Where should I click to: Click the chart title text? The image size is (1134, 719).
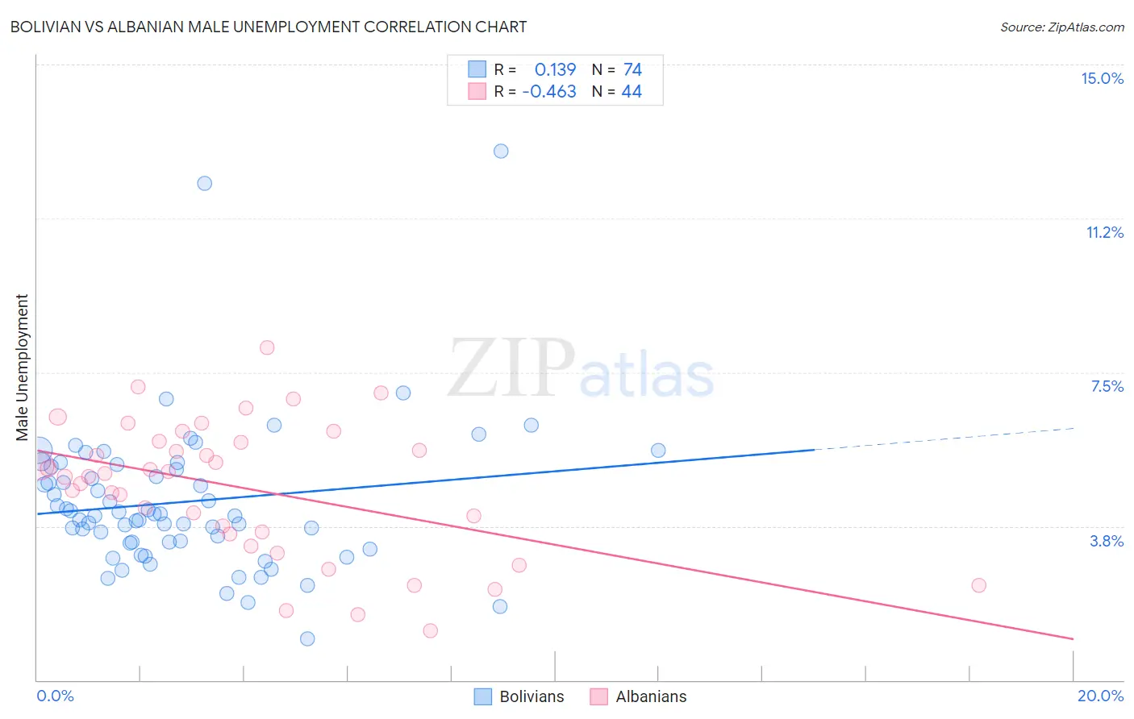tap(269, 27)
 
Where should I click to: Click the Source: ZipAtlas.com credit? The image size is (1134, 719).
tap(1061, 27)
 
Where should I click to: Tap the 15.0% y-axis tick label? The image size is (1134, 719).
tap(1102, 78)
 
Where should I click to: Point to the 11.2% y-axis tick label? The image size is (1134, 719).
tap(1104, 232)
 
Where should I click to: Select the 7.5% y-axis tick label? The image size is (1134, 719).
tap(1107, 386)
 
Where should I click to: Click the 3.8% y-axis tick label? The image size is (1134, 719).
tap(1107, 541)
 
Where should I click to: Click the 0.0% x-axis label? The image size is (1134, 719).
tap(55, 696)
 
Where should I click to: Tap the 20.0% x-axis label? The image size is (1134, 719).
tap(1100, 696)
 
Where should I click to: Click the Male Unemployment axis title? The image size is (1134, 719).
tap(22, 368)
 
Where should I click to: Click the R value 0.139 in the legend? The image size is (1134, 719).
tap(555, 70)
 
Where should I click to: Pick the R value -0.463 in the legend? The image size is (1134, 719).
tap(549, 92)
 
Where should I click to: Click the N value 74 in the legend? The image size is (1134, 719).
tap(632, 70)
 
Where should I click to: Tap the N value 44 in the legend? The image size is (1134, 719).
tap(632, 92)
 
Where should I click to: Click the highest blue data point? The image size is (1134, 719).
tap(501, 151)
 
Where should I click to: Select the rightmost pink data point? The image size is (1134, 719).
tap(978, 585)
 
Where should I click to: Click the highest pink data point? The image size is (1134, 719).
tap(267, 347)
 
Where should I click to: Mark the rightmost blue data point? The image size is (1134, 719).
tap(658, 451)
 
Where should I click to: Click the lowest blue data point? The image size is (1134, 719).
tap(307, 638)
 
